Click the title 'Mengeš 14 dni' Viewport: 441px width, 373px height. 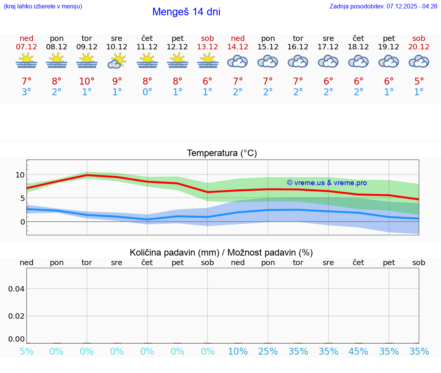(x=186, y=12)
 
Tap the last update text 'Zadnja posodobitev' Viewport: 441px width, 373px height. (x=383, y=6)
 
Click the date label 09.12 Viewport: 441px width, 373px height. (x=87, y=47)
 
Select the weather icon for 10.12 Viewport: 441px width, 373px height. (x=117, y=61)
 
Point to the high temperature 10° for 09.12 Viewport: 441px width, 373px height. (x=87, y=81)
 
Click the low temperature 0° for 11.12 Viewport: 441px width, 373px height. (x=147, y=92)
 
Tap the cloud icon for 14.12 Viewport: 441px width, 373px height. (x=238, y=61)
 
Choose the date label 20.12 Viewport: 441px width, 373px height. (x=419, y=47)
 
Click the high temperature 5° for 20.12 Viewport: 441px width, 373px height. (x=419, y=81)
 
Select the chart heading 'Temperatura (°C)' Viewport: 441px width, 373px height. (x=222, y=153)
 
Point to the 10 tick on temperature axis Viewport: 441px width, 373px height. (x=20, y=175)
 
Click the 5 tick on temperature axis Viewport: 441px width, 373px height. (x=22, y=198)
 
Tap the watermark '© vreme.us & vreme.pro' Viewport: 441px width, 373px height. (x=327, y=183)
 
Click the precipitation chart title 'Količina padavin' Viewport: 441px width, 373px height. (x=221, y=252)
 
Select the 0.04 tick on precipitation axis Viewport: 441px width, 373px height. (x=16, y=289)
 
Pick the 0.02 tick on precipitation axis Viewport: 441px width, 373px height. (x=16, y=316)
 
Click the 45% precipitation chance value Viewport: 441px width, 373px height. (x=359, y=352)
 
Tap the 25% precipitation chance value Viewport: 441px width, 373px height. (x=268, y=352)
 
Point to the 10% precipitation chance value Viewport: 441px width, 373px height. (x=238, y=352)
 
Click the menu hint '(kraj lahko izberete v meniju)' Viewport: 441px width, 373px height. (x=43, y=6)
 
